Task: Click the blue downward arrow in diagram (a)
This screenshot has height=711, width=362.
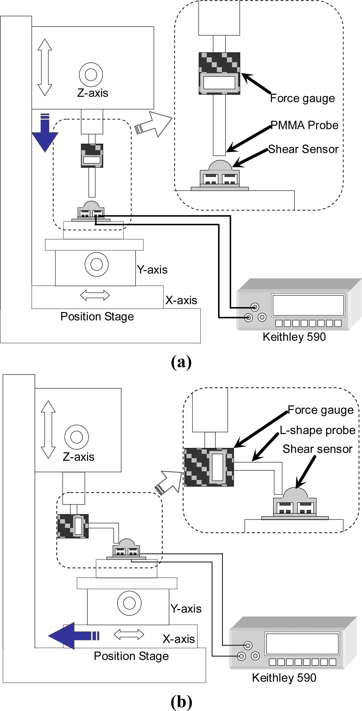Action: pos(45,135)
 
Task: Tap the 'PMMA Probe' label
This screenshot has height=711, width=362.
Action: pos(304,125)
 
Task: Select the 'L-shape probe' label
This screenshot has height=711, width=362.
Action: pos(317,430)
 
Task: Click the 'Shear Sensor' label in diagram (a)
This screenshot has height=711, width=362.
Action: pos(303,149)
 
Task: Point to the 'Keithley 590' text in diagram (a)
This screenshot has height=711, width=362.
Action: pos(294,337)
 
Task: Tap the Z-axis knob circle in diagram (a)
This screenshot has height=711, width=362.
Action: pos(91,75)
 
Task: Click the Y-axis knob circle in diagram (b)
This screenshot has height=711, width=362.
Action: pos(129,603)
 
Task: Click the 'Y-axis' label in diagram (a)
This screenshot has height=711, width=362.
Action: pos(152,270)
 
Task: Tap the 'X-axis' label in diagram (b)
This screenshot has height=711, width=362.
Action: pos(179,639)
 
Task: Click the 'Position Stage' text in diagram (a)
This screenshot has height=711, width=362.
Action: pos(97,317)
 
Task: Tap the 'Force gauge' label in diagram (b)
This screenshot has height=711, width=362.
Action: pos(321,410)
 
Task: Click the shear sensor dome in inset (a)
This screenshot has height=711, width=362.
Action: pos(220,166)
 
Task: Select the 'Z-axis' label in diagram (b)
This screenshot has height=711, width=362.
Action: pos(79,457)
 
